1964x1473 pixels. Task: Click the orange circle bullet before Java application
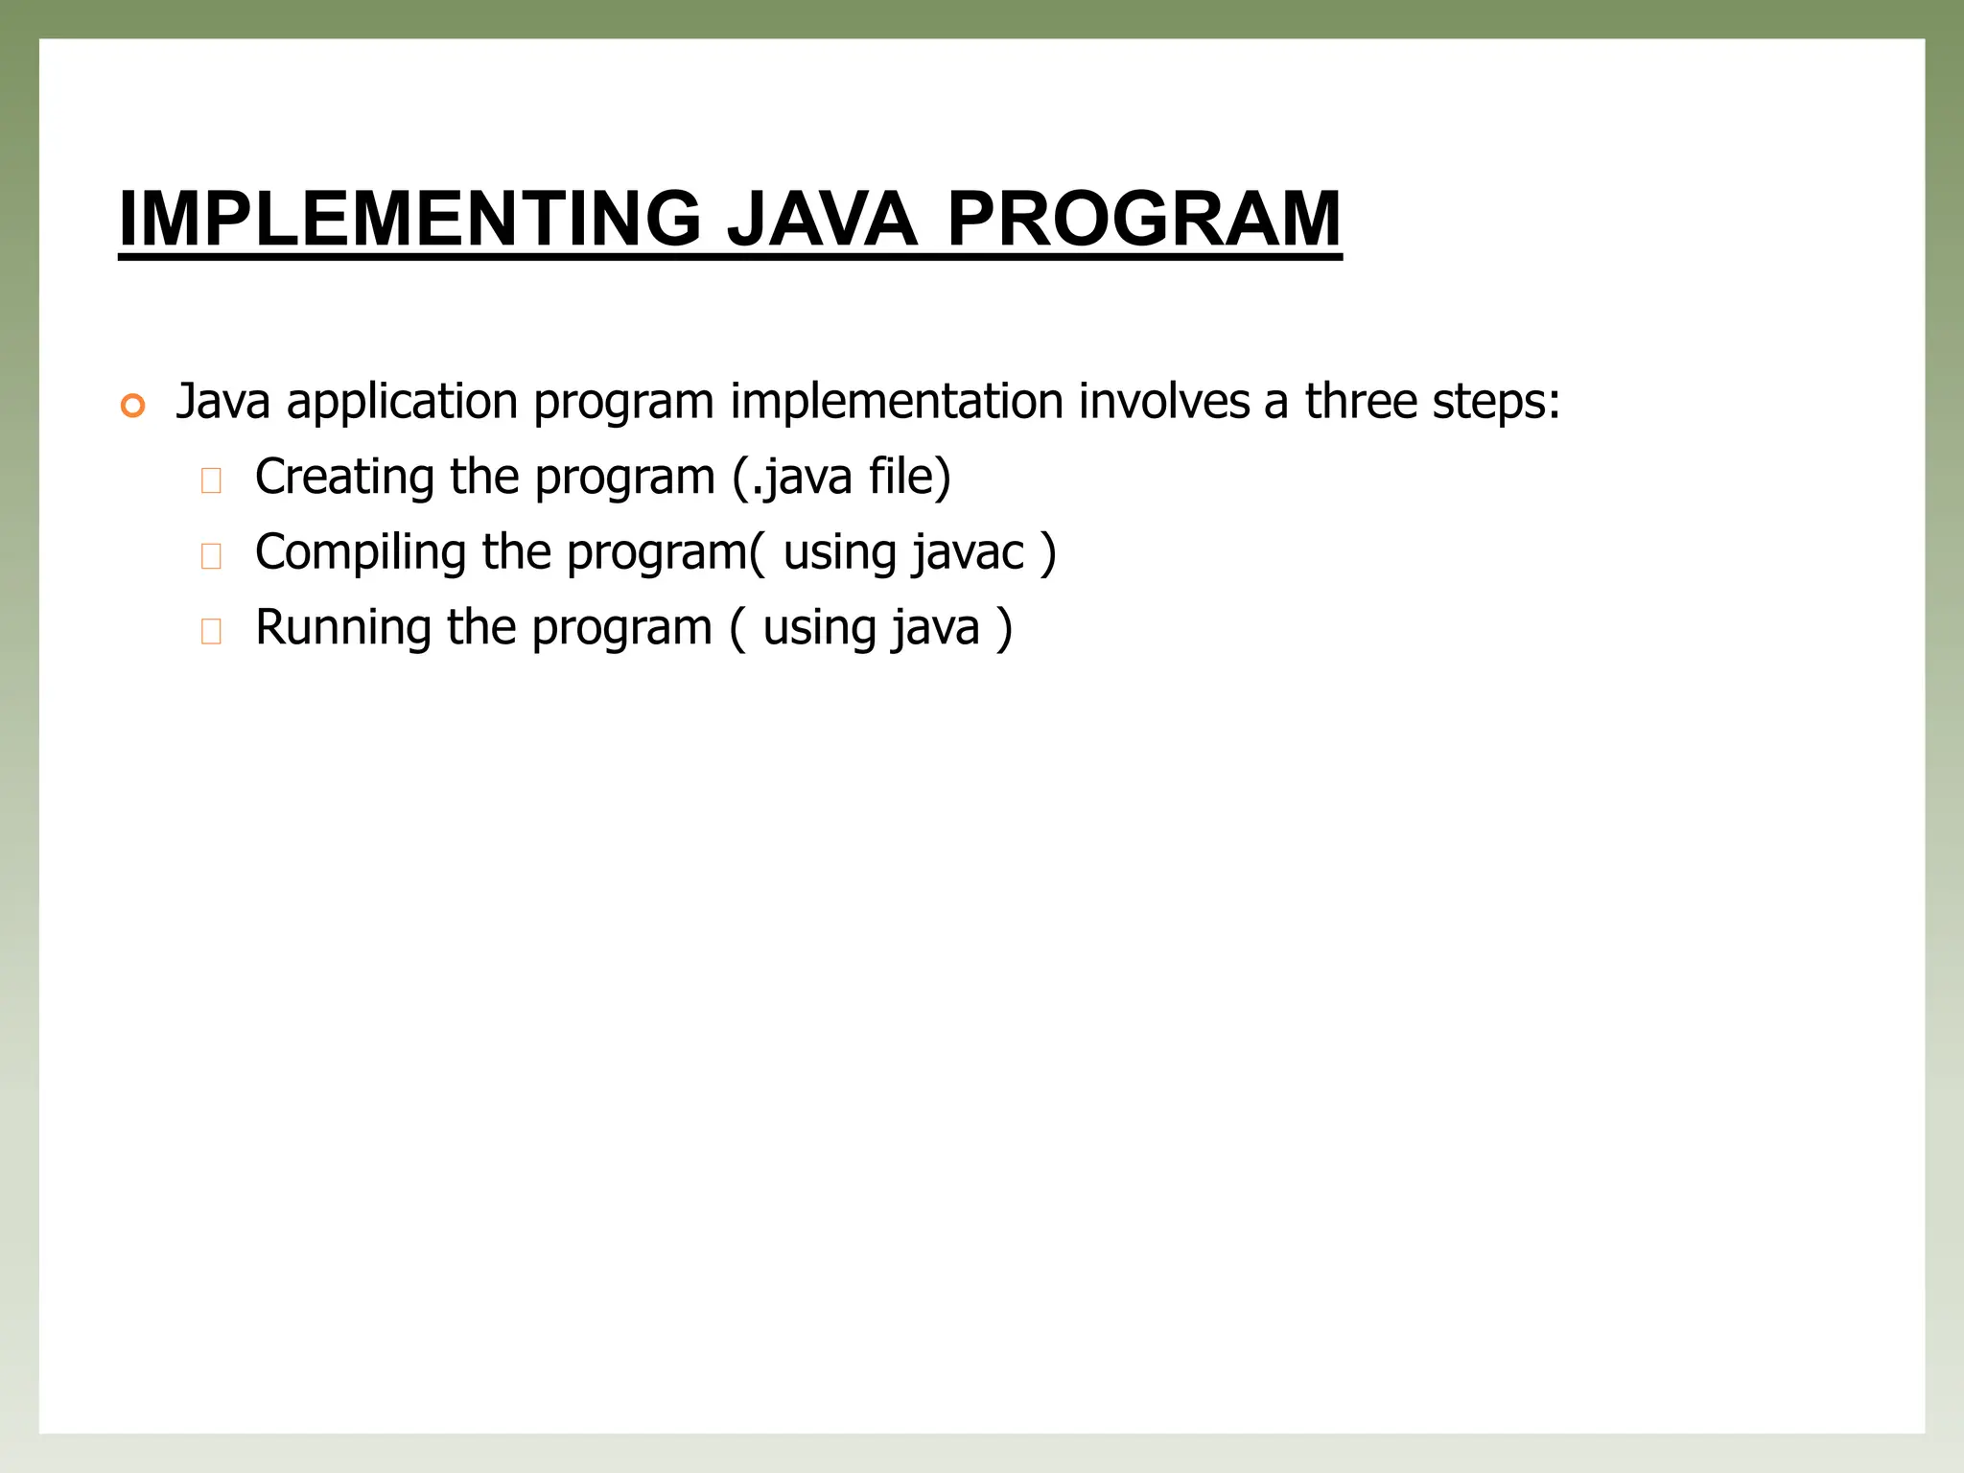[132, 406]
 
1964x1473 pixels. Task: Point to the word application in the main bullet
[402, 402]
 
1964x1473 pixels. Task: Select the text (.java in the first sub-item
[792, 477]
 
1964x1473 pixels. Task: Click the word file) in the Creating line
[909, 477]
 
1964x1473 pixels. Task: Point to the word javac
[969, 552]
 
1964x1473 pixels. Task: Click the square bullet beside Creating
[211, 480]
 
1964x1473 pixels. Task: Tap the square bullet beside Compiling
[211, 556]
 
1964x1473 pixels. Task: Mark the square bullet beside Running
[211, 631]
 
